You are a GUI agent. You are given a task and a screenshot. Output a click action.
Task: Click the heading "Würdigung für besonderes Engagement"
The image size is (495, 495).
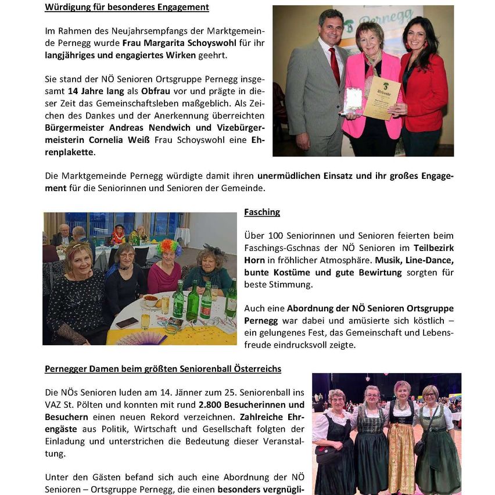[127, 8]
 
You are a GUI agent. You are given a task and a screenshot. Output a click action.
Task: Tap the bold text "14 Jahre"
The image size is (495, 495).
[85, 91]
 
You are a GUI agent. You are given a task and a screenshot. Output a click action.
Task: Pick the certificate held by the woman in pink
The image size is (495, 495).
[382, 98]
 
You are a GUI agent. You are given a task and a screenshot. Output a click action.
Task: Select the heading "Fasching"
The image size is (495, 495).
[262, 212]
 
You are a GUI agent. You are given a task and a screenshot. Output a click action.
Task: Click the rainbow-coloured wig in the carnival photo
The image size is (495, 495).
[169, 247]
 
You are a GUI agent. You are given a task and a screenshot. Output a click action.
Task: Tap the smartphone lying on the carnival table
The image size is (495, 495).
[127, 322]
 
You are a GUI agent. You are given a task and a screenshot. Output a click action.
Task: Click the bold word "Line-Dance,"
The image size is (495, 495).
[426, 260]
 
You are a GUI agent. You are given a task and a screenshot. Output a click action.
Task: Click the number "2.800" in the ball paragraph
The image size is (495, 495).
[212, 404]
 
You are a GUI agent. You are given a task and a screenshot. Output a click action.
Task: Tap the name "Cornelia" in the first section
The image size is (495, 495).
[110, 140]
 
